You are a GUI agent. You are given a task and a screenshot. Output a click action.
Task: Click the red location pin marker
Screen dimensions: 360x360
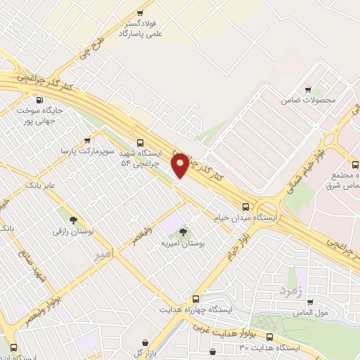(x=180, y=164)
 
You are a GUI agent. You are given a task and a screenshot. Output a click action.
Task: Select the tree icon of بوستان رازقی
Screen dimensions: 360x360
(x=72, y=214)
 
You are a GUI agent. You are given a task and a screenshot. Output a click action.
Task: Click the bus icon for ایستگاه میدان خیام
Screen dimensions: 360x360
(x=245, y=207)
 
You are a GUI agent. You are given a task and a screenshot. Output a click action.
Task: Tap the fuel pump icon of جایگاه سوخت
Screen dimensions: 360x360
(x=39, y=100)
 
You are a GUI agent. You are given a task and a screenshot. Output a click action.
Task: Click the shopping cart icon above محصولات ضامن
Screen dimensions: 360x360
(x=308, y=89)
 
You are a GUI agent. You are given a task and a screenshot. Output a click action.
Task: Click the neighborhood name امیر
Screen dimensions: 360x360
(x=103, y=257)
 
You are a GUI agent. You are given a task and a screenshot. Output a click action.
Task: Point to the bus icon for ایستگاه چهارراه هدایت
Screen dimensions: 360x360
(x=195, y=299)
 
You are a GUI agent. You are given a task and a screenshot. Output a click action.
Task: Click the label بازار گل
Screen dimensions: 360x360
(x=149, y=352)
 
